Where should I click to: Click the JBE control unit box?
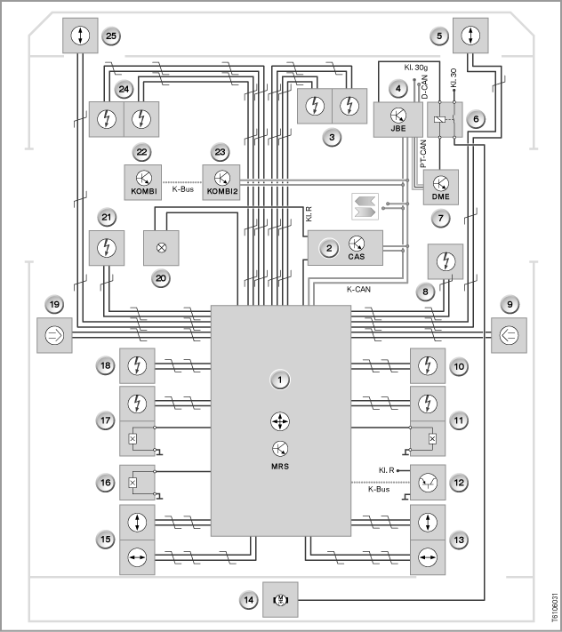pos(397,120)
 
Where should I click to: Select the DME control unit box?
pos(441,187)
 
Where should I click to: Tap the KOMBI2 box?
pos(221,182)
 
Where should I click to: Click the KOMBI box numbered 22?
pos(143,182)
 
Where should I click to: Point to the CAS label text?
pos(357,256)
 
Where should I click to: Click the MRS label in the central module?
pos(280,467)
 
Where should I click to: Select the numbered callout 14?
pos(248,600)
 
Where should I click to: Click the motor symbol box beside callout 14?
pos(280,600)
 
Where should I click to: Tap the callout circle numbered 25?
pos(111,36)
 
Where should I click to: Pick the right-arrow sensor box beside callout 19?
pos(54,335)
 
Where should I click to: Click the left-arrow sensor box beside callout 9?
pos(509,335)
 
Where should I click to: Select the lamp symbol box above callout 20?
pos(161,248)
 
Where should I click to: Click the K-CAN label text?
pos(358,290)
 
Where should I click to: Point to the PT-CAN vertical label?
pos(423,154)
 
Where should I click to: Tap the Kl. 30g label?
pos(416,68)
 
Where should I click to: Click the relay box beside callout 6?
pos(445,120)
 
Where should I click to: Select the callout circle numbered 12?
pos(459,483)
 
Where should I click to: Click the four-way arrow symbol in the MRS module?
pos(280,421)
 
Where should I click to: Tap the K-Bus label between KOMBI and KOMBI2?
pos(182,189)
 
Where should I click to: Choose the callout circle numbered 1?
pos(280,380)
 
